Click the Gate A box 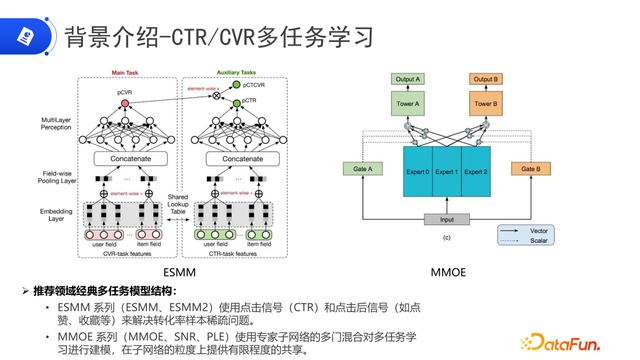click(x=362, y=169)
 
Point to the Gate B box click(x=530, y=169)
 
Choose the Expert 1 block click(x=447, y=171)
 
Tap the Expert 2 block click(x=477, y=171)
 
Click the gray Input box click(x=446, y=219)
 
